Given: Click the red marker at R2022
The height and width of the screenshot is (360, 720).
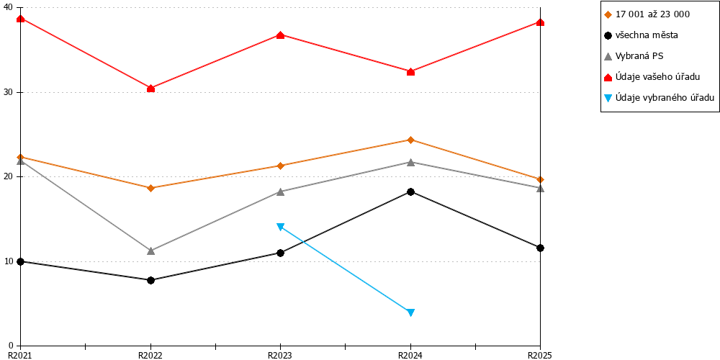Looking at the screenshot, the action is [x=150, y=88].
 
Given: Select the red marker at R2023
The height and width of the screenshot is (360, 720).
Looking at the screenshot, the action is [x=281, y=35].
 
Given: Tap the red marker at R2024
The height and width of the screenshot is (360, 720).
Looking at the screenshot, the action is [x=410, y=71].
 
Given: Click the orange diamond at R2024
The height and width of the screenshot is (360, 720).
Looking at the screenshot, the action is [x=410, y=140].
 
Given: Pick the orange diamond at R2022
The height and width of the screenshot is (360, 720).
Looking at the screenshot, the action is [x=150, y=188].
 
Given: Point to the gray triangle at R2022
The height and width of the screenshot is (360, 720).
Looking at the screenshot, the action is [x=150, y=251].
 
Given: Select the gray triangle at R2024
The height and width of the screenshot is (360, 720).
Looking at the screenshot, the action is [x=410, y=162].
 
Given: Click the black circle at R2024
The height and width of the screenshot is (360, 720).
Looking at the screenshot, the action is [x=410, y=192].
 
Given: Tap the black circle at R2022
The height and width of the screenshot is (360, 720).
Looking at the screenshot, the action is [x=150, y=280].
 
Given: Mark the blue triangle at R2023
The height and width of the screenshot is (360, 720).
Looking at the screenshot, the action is [x=281, y=226].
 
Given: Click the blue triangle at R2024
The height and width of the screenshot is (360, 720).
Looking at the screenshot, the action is [x=410, y=312].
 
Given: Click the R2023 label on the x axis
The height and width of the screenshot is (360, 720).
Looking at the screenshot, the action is [x=281, y=354].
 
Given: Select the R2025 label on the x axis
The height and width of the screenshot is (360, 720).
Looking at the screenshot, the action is [x=539, y=354].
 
